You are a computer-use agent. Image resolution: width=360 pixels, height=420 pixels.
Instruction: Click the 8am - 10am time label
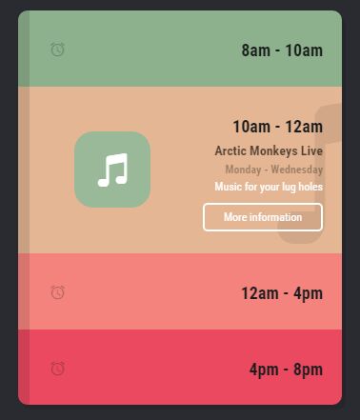282,50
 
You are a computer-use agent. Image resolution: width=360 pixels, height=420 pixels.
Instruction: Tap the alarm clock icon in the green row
57,49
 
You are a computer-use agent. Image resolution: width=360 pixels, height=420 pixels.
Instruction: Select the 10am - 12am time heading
277,127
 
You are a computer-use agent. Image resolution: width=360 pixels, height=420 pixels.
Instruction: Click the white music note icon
112,170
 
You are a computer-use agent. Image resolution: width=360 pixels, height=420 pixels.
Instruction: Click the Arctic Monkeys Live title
269,150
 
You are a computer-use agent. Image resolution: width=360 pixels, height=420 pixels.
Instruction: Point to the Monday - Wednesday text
273,170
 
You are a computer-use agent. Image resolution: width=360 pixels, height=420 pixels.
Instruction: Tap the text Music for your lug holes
269,187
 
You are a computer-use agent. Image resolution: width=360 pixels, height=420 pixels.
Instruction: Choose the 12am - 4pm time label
281,293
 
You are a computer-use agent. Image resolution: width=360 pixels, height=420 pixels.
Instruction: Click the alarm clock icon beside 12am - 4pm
57,291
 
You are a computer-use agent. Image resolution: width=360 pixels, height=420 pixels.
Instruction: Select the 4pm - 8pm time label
286,370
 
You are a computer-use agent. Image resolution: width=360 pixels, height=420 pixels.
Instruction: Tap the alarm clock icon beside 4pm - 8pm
57,368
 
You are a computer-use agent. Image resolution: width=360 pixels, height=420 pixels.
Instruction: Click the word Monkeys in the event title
276,150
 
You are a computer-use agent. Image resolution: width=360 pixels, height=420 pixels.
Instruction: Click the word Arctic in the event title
231,150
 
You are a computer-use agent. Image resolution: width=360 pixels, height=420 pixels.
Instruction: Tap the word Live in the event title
312,150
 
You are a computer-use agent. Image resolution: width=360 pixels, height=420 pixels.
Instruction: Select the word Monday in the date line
243,170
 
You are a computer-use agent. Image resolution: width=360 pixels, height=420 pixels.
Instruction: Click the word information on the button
276,217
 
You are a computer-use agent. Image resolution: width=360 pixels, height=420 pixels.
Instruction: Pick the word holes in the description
310,187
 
